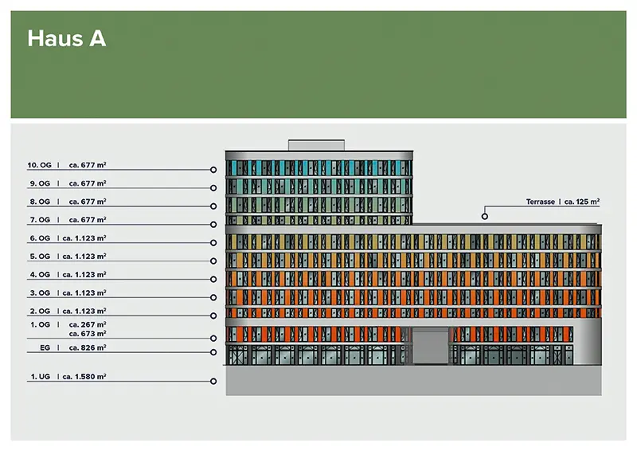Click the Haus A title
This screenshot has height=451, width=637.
pyautogui.click(x=66, y=38)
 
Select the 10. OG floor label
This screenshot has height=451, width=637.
pyautogui.click(x=39, y=165)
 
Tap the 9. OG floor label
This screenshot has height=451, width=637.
pyautogui.click(x=39, y=183)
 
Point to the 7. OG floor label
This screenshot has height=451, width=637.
pyautogui.click(x=39, y=219)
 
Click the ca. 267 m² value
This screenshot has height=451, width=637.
pyautogui.click(x=88, y=324)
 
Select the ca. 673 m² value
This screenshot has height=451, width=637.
pyautogui.click(x=88, y=334)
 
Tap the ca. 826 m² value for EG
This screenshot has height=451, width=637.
pyautogui.click(x=88, y=347)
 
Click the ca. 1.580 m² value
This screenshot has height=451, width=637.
pyautogui.click(x=84, y=375)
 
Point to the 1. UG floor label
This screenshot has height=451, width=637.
pyautogui.click(x=40, y=375)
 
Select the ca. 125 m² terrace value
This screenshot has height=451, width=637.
pyautogui.click(x=582, y=202)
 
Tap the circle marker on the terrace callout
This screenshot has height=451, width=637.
pyautogui.click(x=484, y=215)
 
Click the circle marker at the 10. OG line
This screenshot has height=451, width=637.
pyautogui.click(x=213, y=170)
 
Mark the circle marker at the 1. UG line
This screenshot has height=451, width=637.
pyautogui.click(x=213, y=381)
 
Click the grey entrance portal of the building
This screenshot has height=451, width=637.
pyautogui.click(x=430, y=347)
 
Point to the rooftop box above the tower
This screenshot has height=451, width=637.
pyautogui.click(x=317, y=145)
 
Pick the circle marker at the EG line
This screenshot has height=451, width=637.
pyautogui.click(x=213, y=352)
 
